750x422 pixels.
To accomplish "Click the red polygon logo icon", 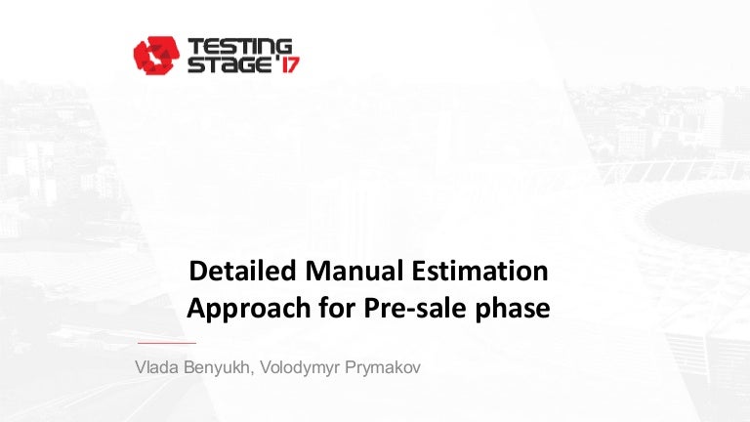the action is point(156,55).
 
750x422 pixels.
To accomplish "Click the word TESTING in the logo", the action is point(239,47).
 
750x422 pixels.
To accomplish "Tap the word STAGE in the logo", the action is point(229,64).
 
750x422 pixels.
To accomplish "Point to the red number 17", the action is point(290,64).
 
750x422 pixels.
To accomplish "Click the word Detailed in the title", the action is point(242,271).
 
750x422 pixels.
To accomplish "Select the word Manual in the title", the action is point(354,271).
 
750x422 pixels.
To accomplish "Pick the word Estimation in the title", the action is point(479,271).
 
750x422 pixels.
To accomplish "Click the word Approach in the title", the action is point(249,309).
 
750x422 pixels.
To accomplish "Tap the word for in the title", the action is point(337,307).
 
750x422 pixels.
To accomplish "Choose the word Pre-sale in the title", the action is point(415,307).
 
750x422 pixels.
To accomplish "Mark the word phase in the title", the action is point(513,309).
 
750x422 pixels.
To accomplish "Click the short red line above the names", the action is point(167,343).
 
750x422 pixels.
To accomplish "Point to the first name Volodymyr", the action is point(300,368).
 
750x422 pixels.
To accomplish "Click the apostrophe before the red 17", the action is point(276,60).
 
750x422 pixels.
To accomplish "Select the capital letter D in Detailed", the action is point(197,271).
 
